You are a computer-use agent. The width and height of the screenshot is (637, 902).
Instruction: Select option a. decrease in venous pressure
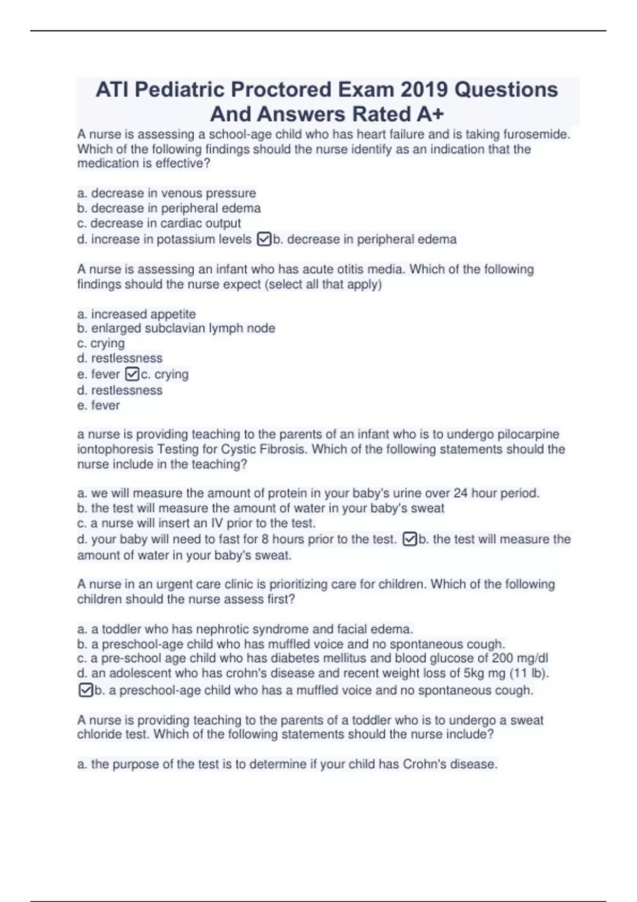click(167, 193)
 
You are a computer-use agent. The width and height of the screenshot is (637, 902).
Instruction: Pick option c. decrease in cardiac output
click(159, 223)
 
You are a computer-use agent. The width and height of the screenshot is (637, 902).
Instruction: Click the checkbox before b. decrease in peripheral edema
click(264, 239)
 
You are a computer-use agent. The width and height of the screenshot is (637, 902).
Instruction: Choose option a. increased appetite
click(136, 314)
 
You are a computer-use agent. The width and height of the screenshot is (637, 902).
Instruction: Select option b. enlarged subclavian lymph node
click(176, 328)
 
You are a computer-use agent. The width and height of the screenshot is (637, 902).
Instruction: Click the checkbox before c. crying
click(132, 375)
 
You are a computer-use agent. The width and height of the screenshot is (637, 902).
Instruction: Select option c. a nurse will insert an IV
click(196, 523)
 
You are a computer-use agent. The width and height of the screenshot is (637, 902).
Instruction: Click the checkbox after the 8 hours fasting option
click(410, 540)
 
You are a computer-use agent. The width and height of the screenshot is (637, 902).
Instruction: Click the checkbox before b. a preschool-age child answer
click(85, 690)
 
